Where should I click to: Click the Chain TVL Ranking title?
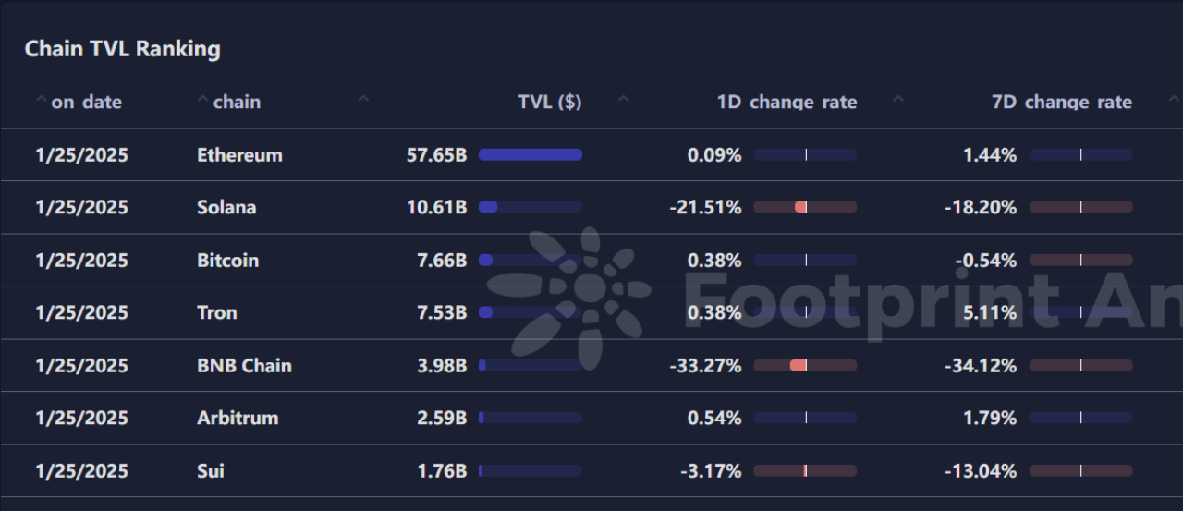point(122,49)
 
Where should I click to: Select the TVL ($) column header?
point(550,102)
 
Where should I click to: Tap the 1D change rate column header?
point(787,102)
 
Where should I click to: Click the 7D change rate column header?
point(1062,102)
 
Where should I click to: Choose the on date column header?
point(86,102)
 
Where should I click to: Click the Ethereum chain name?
point(239,155)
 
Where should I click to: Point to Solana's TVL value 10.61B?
point(436,208)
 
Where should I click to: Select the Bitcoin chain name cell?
point(227,261)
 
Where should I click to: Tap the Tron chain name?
point(216,313)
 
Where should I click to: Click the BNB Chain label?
point(244,366)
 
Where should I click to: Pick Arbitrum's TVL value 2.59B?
point(442,419)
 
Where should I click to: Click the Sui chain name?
point(210,471)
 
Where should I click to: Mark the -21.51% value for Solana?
point(705,208)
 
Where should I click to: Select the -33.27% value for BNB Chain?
point(705,366)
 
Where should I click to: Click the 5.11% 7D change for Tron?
point(990,313)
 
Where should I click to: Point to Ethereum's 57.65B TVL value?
point(436,155)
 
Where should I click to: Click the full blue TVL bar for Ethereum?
point(531,155)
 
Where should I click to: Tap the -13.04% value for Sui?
point(981,471)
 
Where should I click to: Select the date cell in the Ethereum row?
point(81,155)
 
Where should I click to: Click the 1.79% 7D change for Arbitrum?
point(990,419)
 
